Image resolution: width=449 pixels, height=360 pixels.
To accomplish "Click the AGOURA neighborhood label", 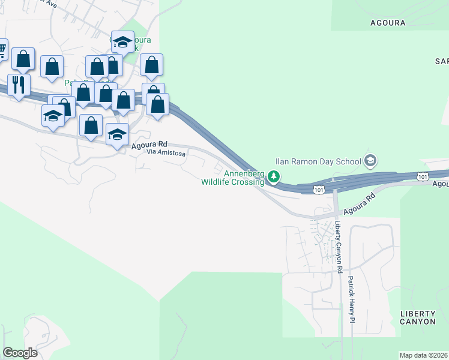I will click(388, 23).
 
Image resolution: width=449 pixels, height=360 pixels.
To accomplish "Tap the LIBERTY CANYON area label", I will click(418, 318).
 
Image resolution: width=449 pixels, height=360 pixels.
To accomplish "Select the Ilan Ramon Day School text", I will click(318, 161).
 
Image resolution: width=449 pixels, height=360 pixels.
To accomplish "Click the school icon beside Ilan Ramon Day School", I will click(370, 160).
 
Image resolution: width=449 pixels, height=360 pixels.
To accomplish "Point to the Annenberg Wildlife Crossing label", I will click(233, 178).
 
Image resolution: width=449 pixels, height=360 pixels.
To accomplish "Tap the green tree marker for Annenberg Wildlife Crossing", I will click(274, 176).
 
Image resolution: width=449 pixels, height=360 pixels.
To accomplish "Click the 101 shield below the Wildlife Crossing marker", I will click(319, 190).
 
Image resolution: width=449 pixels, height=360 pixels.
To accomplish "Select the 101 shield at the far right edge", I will click(423, 176).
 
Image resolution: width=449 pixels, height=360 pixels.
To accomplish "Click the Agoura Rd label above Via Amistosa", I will click(149, 145).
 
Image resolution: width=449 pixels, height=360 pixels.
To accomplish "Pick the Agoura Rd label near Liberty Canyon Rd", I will click(359, 203).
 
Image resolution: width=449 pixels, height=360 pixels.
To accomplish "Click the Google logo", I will click(20, 353).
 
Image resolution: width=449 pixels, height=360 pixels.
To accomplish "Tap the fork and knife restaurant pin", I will click(18, 83).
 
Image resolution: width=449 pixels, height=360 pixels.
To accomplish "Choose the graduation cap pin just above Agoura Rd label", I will click(117, 134).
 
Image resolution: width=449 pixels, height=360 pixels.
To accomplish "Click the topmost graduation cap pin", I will click(122, 42).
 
